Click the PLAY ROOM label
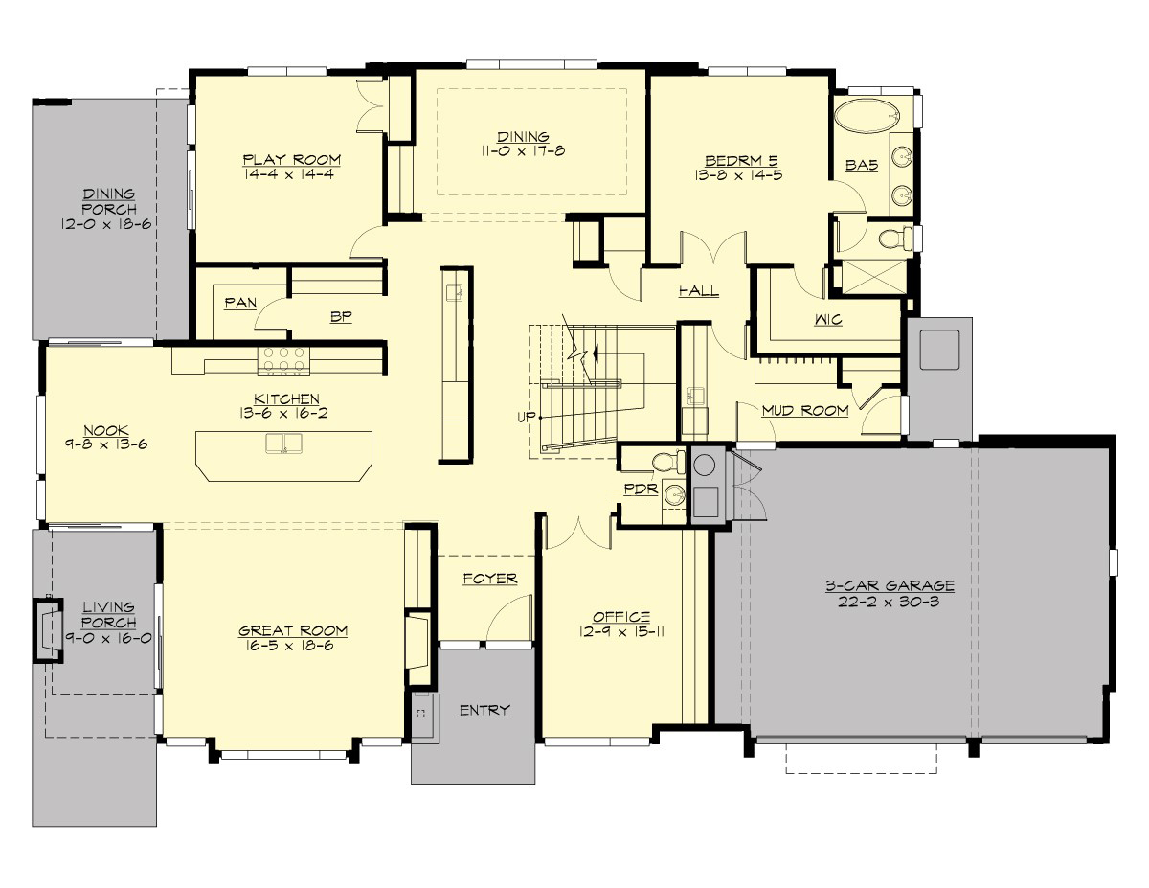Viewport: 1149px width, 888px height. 291,160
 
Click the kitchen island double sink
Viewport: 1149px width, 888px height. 283,444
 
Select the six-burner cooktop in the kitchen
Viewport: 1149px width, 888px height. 283,360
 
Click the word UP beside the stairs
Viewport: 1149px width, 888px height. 524,418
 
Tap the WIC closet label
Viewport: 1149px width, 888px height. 828,320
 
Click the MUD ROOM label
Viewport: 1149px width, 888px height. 804,411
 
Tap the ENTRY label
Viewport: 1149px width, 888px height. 484,710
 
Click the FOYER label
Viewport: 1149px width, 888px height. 489,579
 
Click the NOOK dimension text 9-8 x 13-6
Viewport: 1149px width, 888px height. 105,444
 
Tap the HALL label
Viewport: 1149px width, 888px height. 699,291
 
